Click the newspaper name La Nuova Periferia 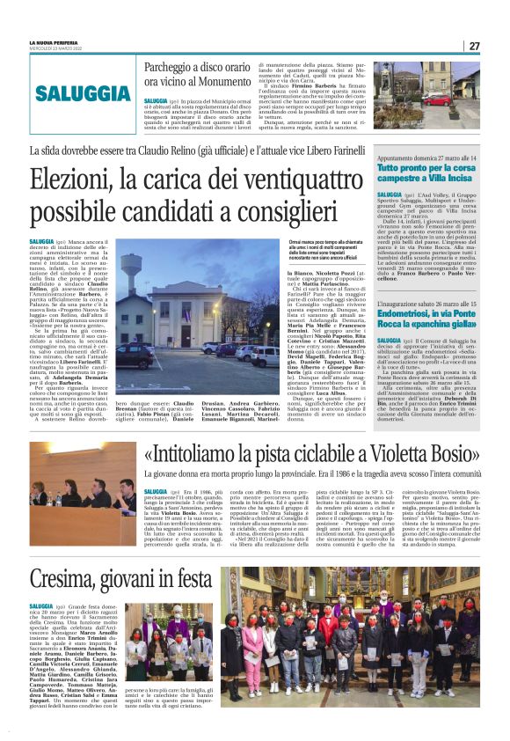(x=50, y=42)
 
